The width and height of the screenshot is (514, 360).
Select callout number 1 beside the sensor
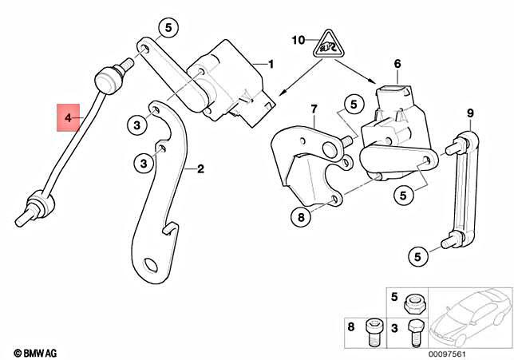click(270, 64)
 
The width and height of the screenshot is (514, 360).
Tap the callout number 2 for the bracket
click(200, 168)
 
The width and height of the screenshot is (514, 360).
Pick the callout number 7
click(314, 109)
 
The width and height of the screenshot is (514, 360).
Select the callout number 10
click(298, 39)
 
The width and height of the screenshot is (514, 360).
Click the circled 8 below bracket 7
click(301, 216)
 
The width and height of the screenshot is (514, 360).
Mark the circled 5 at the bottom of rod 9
click(416, 256)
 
